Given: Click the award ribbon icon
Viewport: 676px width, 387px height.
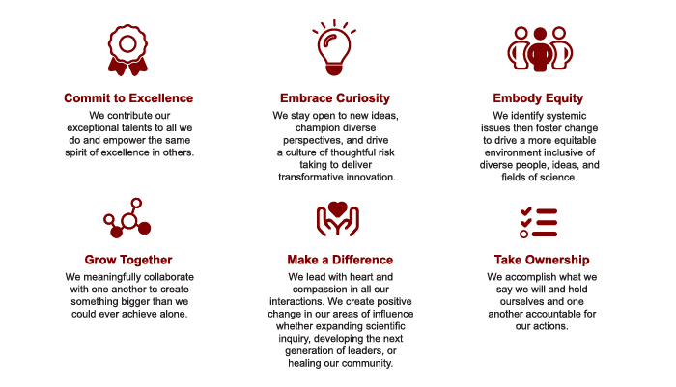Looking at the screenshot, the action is (127, 49).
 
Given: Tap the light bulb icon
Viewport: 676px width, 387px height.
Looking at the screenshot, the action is (334, 47).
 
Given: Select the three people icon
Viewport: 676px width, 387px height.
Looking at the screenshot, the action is (540, 48).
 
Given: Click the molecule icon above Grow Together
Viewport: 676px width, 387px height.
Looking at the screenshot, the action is (127, 218).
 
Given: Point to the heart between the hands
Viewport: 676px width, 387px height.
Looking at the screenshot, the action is (338, 209).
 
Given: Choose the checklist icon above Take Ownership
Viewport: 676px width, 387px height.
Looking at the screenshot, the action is (539, 222).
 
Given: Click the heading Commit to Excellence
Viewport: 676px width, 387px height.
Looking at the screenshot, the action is (128, 98).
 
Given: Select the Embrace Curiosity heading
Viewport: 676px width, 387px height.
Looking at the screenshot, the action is (335, 98).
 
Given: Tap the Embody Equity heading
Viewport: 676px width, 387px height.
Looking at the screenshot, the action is (538, 98).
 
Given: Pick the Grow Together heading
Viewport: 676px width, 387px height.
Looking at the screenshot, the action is (128, 260).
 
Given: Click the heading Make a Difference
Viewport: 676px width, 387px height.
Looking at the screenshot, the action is (340, 260).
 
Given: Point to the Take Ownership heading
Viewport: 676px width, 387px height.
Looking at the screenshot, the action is (542, 260).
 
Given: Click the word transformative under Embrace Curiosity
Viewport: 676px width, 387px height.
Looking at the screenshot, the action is (308, 178).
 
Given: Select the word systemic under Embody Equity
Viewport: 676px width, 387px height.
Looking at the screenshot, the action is (565, 116).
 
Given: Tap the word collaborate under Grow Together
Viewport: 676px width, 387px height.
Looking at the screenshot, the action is (169, 277).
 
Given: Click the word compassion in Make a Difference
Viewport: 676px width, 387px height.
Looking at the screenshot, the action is (317, 290).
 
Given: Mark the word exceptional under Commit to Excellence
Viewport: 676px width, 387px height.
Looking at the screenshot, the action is (92, 128).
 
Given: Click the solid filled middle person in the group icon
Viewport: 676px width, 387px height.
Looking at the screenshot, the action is (540, 48).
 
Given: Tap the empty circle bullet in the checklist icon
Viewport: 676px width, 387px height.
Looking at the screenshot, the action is (523, 234).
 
